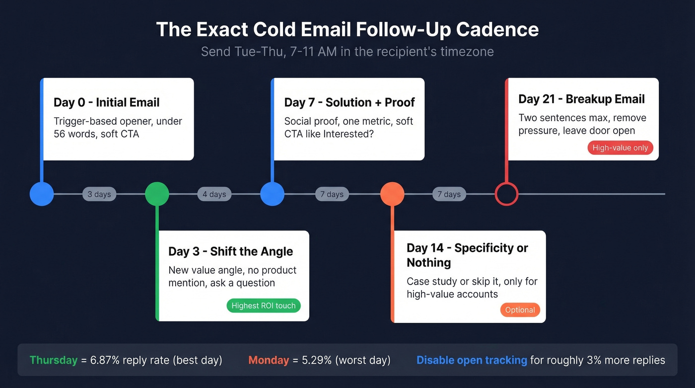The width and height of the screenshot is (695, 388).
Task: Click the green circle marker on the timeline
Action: pos(157,194)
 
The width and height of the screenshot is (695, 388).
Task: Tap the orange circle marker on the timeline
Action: pos(392,194)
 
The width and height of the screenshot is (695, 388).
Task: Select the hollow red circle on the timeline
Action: pos(506,194)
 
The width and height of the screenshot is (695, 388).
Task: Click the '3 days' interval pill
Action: pos(99,194)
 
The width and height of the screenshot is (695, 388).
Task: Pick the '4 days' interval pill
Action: pos(214,194)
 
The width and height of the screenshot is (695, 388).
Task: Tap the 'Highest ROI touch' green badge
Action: pos(264,306)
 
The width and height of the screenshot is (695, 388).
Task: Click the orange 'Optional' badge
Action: pos(520,310)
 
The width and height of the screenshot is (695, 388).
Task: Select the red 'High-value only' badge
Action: pos(620,148)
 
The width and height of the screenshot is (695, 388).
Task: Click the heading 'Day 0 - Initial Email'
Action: pos(107,102)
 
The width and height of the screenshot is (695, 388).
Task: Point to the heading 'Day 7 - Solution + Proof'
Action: pos(349,102)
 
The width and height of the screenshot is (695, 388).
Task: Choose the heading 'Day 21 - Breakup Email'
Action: pos(581,99)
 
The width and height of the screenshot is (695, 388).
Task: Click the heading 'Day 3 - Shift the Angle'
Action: pos(230,251)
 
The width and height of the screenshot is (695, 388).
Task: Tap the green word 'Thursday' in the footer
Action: pos(54,360)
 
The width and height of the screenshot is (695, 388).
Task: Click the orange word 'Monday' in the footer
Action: pos(269,360)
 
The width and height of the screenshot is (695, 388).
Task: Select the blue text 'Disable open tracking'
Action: pos(472,360)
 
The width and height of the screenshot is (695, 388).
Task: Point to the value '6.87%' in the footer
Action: pos(107,360)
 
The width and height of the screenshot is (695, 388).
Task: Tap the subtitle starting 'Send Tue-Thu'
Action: pos(347,52)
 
